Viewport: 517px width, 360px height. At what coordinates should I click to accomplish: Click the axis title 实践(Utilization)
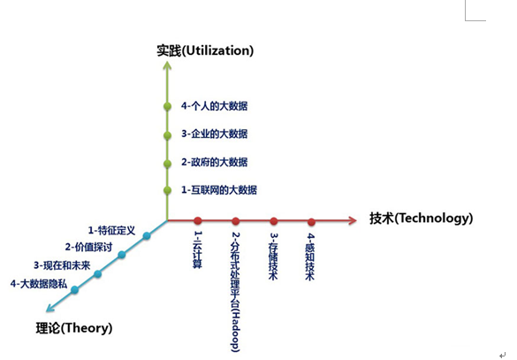[205, 50]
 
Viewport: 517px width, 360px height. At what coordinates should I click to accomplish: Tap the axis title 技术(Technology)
[421, 218]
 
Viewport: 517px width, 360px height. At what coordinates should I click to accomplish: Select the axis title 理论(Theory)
[74, 328]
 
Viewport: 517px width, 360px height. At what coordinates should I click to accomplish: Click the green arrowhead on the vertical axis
[168, 65]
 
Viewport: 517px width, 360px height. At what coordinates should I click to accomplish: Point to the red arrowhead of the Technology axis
[352, 220]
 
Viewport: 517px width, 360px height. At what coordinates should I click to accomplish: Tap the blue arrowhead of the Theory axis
[49, 308]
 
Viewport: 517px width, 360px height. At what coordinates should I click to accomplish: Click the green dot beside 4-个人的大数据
[168, 106]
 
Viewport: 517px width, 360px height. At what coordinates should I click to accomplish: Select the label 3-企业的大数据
[215, 134]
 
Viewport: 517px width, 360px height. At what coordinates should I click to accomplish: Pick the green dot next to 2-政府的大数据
[168, 164]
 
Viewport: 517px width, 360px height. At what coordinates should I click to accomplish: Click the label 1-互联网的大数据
[219, 190]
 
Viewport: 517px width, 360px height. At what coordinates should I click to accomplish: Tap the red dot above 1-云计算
[198, 221]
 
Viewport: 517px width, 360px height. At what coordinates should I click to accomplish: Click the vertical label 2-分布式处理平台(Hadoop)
[235, 292]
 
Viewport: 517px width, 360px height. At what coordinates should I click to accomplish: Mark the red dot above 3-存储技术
[274, 221]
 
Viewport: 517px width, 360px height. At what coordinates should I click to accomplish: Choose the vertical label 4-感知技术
[310, 257]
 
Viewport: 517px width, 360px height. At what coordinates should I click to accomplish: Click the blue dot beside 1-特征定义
[147, 235]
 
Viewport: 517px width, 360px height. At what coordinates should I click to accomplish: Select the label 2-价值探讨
[88, 247]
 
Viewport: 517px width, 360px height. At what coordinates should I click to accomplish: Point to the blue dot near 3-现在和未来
[97, 274]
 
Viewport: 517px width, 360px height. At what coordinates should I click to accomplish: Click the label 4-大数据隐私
[39, 284]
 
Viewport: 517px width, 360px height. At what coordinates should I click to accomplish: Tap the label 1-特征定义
[111, 230]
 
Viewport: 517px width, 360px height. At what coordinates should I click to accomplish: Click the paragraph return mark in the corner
[502, 356]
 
